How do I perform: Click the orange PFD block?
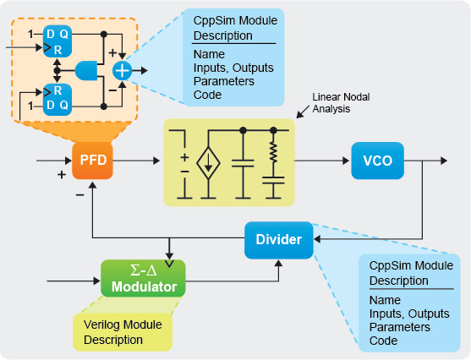pos(91,161)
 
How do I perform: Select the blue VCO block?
pos(377,161)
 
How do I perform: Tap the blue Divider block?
pos(278,239)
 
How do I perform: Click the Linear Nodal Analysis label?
pos(334,103)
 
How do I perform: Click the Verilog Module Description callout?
pos(123,332)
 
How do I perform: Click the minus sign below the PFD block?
pos(79,194)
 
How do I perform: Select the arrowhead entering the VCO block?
pos(347,161)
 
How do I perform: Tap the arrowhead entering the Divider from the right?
pos(317,239)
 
